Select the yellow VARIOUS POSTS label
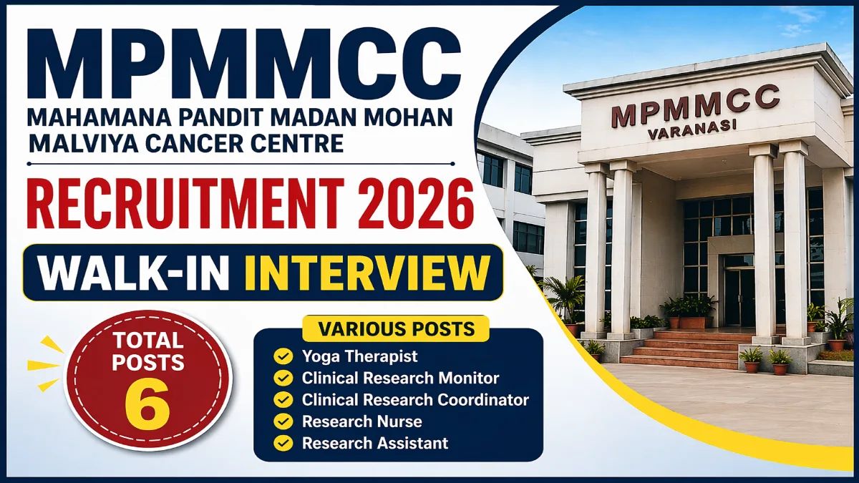(x=397, y=329)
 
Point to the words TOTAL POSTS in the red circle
(x=148, y=351)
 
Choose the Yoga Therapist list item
(x=359, y=356)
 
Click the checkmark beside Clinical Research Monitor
(x=284, y=378)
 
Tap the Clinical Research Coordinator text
(x=415, y=399)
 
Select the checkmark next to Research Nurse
(x=284, y=421)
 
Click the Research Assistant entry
(x=375, y=443)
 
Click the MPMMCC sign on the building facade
(x=694, y=108)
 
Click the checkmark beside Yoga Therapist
(x=284, y=356)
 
